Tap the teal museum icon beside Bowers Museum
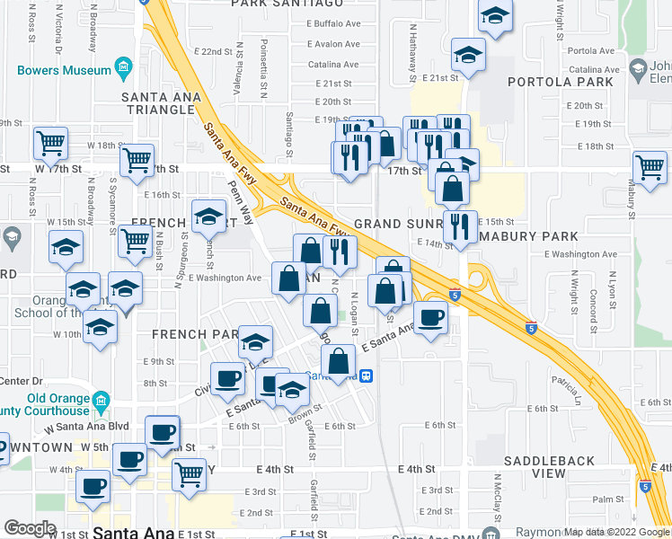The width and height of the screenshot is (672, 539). (123, 69)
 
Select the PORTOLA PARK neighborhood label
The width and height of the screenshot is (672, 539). (561, 82)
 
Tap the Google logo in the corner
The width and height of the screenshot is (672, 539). (30, 528)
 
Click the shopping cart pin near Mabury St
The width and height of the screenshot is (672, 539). (650, 167)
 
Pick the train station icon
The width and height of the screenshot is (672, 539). (367, 376)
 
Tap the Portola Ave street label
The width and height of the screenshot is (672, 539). (601, 51)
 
